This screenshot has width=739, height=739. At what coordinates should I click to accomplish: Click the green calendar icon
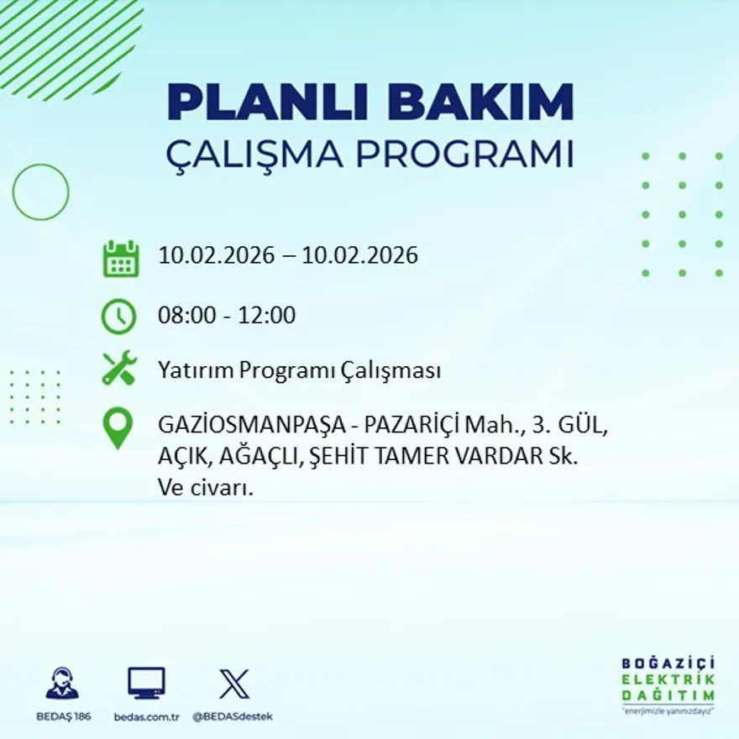120,259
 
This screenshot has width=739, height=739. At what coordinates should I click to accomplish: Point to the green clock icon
118,317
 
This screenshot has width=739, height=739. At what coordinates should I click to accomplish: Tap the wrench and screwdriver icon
118,369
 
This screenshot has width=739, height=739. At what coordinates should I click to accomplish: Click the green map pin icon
118,427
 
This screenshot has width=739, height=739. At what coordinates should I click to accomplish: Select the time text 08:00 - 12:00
227,317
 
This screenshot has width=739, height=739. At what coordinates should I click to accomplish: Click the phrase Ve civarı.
206,488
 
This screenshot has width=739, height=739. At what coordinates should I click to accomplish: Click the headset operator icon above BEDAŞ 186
62,683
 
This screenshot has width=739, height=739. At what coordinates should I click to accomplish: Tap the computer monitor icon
146,683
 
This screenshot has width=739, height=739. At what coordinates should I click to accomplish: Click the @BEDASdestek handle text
233,716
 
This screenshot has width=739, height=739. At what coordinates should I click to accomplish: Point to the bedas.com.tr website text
146,716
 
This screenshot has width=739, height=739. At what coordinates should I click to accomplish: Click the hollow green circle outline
40,192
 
